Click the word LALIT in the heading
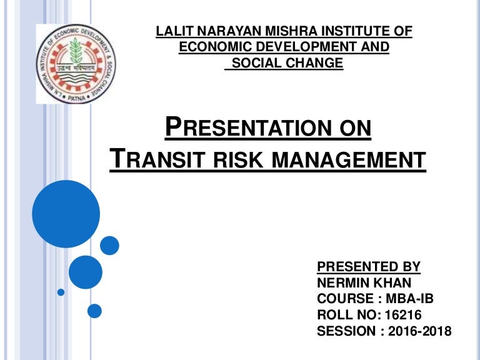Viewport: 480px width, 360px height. point(173,31)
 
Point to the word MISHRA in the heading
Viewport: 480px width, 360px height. point(277,31)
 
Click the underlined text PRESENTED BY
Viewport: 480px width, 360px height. point(369,267)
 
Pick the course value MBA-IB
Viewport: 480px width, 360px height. point(409,299)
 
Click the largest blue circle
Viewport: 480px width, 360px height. point(66,214)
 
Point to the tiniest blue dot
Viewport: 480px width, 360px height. point(61,292)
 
